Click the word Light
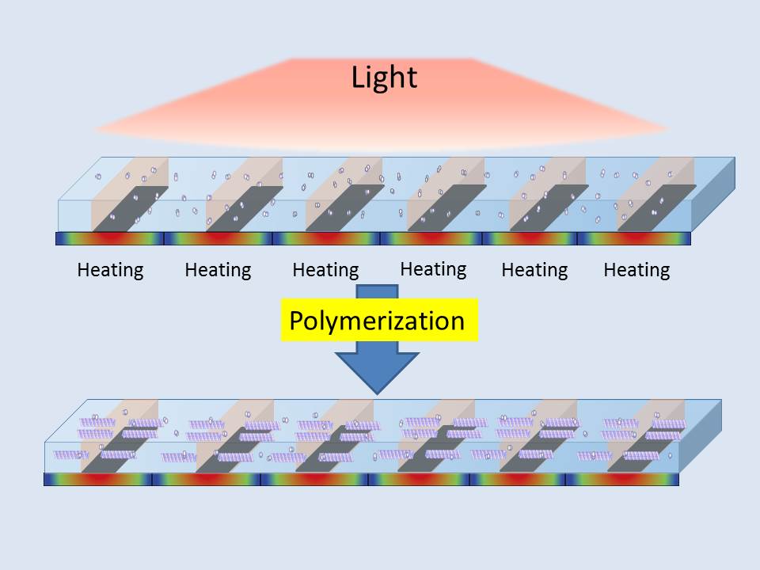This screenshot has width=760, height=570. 384,78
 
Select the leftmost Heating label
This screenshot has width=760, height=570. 110,270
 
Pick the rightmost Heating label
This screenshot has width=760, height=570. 636,270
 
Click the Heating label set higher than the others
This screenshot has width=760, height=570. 433,268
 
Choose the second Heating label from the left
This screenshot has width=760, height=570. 218,270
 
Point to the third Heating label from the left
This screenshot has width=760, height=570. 325,270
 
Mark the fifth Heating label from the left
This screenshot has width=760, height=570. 534,270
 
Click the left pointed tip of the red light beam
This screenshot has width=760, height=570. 95,128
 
